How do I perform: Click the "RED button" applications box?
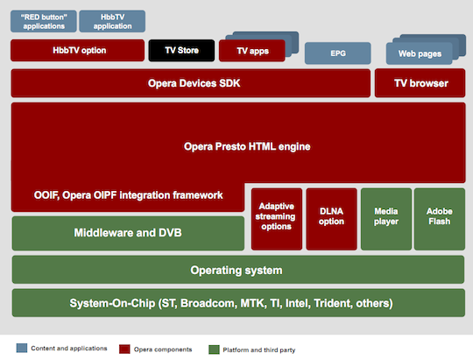44,21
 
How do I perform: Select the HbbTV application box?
112,21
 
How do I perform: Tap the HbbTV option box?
78,51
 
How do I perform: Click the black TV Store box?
181,51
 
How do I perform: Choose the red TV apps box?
252,51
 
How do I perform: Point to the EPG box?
338,53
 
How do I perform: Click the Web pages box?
420,53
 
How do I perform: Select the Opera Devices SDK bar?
191,83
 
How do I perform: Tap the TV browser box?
420,83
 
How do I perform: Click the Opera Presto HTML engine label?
247,146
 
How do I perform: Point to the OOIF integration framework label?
128,195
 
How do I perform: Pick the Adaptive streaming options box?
277,219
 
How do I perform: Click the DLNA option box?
331,219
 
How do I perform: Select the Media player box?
386,219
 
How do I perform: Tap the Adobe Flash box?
440,219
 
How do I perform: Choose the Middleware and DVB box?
128,233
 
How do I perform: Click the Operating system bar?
238,270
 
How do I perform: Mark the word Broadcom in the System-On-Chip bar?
208,303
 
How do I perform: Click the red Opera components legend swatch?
124,349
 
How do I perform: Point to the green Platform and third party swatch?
214,349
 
